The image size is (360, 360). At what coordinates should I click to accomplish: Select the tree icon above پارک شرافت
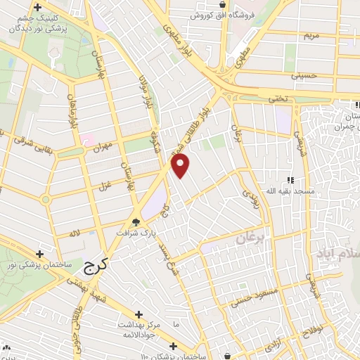pyautogui.click(x=135, y=221)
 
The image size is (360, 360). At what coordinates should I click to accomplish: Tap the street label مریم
pyautogui.click(x=310, y=34)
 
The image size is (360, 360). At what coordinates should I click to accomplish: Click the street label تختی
pyautogui.click(x=282, y=99)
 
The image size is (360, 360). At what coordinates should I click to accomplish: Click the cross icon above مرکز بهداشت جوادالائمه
pyautogui.click(x=138, y=315)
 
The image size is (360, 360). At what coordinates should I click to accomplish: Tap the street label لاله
pyautogui.click(x=75, y=233)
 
